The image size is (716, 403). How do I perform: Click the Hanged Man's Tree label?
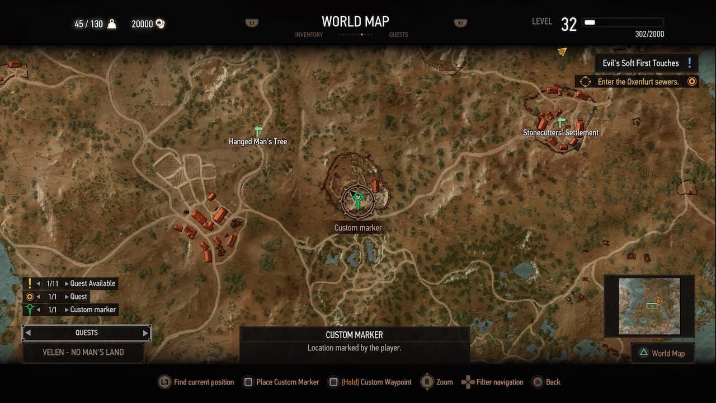click(258, 142)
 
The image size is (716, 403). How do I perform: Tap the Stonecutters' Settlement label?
click(560, 133)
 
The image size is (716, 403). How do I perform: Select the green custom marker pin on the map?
click(357, 199)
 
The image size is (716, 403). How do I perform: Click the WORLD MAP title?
click(355, 21)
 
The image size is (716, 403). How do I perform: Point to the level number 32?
click(568, 25)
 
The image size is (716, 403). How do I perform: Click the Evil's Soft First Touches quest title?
click(640, 63)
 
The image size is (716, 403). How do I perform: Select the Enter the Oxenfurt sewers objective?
click(638, 82)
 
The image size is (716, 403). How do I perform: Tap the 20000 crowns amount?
click(142, 24)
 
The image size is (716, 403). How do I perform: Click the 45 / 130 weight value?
click(89, 24)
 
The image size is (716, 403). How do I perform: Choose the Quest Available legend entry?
click(92, 284)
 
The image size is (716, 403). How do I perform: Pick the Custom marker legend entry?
click(93, 310)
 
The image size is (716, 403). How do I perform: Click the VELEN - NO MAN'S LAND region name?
click(83, 352)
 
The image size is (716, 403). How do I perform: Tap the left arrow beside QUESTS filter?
click(28, 333)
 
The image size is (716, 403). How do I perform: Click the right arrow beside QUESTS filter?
click(145, 333)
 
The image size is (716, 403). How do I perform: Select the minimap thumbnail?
click(649, 306)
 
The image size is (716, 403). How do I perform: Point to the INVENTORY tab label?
click(309, 35)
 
